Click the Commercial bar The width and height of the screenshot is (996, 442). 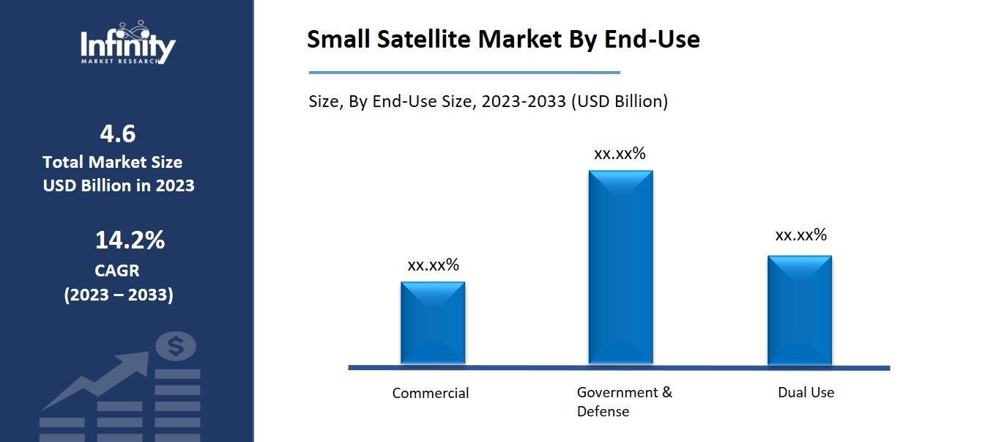(x=433, y=323)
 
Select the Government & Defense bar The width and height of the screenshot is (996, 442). (x=620, y=268)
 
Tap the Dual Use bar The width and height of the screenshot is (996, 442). (x=799, y=310)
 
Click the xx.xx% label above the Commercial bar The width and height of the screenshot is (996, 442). (x=433, y=265)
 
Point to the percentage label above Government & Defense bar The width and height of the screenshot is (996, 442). (x=620, y=154)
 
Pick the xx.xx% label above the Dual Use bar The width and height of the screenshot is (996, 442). (x=800, y=235)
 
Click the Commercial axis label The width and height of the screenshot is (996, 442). (x=431, y=393)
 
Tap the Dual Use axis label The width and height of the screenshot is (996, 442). (x=806, y=392)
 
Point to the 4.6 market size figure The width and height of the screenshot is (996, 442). (x=118, y=134)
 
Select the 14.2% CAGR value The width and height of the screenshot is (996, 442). (x=130, y=240)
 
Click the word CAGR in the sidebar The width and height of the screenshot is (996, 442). (x=117, y=270)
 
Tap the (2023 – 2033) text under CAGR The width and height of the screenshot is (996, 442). (x=119, y=295)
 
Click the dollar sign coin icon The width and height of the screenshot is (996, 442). (x=176, y=346)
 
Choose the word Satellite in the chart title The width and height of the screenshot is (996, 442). (x=425, y=40)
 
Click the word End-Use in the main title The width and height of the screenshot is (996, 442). (x=652, y=40)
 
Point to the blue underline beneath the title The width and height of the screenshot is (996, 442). (x=464, y=73)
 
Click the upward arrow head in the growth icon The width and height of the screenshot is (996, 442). (x=138, y=361)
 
